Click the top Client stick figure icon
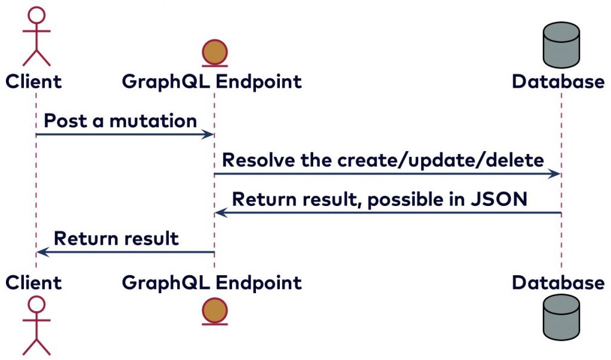point(36,36)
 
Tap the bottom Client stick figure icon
point(36,325)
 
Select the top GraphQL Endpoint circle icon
point(214,52)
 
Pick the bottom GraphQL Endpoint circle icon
point(214,310)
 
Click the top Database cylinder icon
point(561,45)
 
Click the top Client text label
point(33,81)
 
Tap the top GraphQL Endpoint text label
point(212,81)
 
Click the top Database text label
point(558,81)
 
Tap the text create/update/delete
point(440,161)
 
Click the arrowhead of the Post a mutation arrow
point(209,135)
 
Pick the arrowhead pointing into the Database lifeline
point(556,174)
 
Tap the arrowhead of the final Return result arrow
point(41,253)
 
